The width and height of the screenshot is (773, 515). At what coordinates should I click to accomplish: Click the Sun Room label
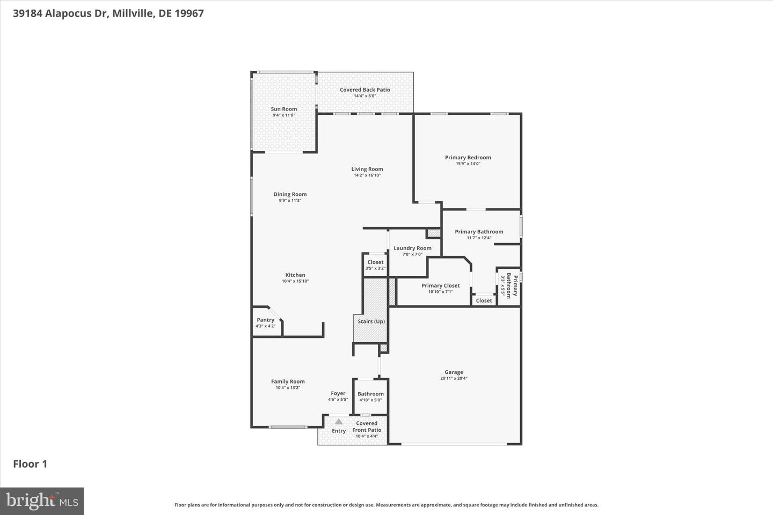(283, 109)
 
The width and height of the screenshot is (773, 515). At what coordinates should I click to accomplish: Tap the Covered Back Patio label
(364, 90)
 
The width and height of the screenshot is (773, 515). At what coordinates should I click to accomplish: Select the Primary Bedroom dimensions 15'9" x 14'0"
(468, 164)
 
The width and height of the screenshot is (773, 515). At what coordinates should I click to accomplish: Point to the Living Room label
(367, 169)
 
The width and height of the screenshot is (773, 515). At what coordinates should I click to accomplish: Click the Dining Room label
(290, 194)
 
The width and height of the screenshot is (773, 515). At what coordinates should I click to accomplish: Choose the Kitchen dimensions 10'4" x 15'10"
(295, 281)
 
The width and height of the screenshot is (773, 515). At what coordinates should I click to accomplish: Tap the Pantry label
(265, 320)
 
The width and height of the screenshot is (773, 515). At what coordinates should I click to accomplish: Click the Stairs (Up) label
(371, 321)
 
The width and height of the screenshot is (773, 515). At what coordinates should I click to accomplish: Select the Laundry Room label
(412, 248)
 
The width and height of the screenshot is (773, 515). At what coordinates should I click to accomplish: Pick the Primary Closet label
(440, 285)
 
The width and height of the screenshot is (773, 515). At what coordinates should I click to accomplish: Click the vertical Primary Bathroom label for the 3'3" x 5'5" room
(512, 286)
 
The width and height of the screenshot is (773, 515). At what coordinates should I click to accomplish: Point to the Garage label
(454, 372)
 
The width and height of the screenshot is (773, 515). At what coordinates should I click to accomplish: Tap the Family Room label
(288, 381)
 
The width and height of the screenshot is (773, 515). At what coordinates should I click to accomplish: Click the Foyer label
(338, 393)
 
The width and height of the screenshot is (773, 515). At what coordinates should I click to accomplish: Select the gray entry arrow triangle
(339, 422)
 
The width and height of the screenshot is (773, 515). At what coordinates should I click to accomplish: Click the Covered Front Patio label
(367, 426)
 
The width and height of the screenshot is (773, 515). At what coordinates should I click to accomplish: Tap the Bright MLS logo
(42, 501)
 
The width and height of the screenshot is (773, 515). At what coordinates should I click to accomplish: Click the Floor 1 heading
(30, 464)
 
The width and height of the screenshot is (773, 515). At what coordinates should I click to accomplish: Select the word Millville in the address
(134, 13)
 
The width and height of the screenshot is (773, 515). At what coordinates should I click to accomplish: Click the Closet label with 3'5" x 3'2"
(375, 262)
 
